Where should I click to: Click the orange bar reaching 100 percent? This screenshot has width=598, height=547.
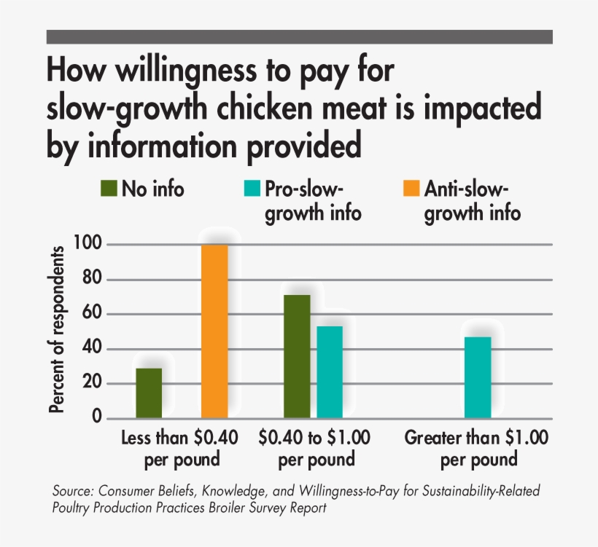click(214, 331)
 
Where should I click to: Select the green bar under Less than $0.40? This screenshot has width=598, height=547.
click(149, 393)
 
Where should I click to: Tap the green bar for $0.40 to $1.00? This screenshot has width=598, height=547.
click(297, 356)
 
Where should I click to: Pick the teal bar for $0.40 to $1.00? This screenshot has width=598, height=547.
click(330, 371)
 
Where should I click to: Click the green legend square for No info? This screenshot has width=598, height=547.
click(108, 189)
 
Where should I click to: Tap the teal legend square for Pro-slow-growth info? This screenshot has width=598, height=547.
click(249, 189)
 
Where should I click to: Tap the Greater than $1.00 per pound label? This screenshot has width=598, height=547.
click(478, 449)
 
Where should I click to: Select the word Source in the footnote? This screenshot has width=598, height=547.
click(73, 491)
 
